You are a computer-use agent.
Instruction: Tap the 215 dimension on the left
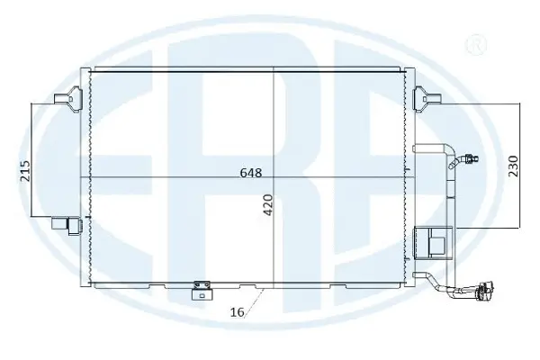pyautogui.click(x=25, y=170)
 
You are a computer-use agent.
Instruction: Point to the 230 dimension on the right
pyautogui.click(x=512, y=166)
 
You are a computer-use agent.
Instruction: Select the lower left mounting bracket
pyautogui.click(x=66, y=222)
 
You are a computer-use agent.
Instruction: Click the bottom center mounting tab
pyautogui.click(x=199, y=290)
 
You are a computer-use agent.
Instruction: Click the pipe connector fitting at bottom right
pyautogui.click(x=481, y=292)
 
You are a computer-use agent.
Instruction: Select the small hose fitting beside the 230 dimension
pyautogui.click(x=467, y=163)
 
